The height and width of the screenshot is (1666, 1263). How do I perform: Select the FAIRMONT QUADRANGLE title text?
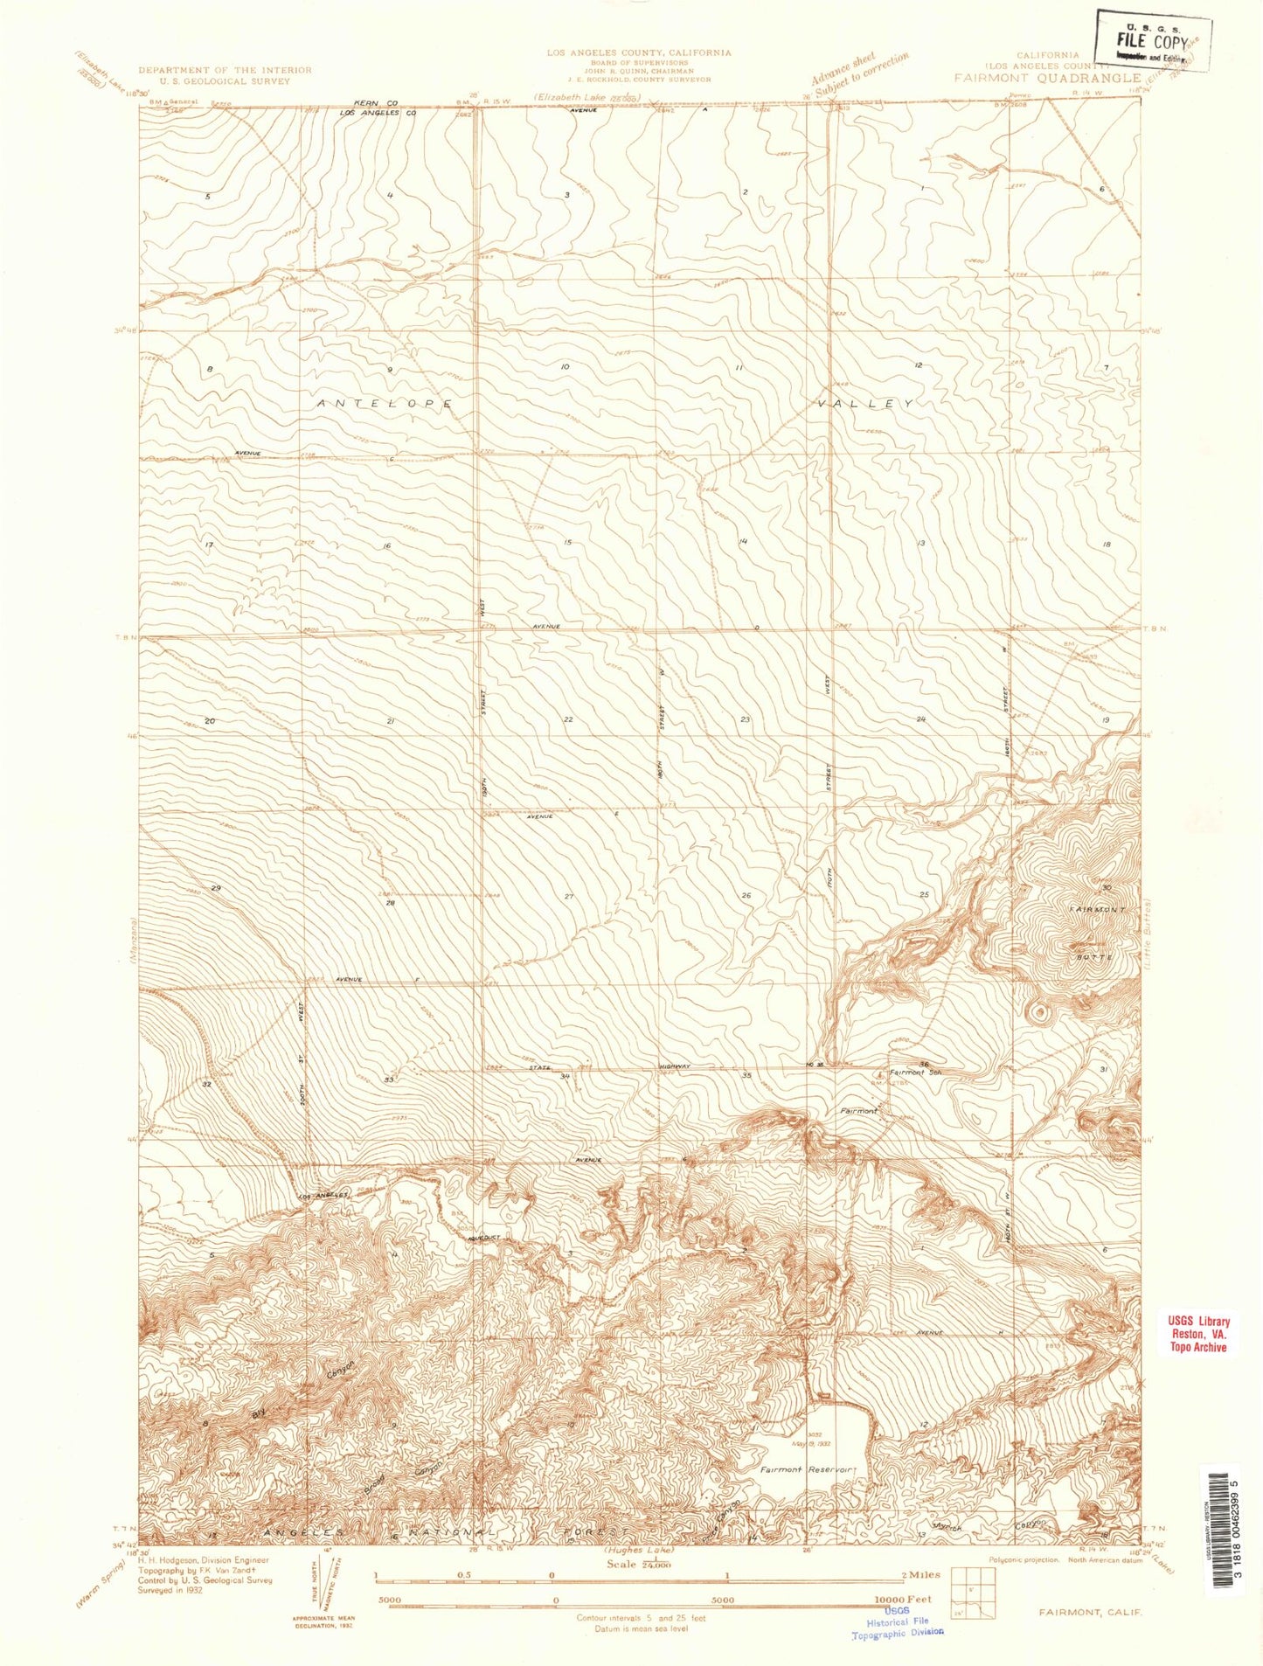(x=1046, y=77)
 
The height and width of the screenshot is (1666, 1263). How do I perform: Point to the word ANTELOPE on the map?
(x=385, y=404)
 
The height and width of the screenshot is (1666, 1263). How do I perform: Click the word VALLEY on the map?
(x=866, y=404)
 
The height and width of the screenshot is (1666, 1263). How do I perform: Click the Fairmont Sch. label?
(x=914, y=1072)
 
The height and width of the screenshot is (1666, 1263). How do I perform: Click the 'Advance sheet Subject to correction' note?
(x=859, y=75)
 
